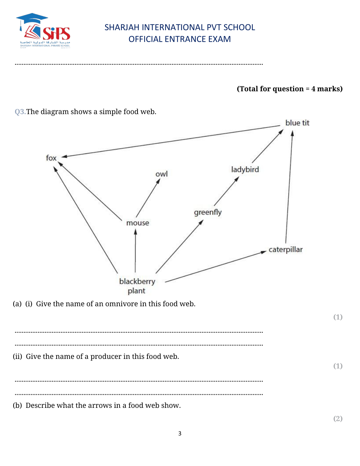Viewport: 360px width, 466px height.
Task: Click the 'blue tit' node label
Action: click(297, 123)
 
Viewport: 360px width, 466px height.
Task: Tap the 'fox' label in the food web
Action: click(51, 158)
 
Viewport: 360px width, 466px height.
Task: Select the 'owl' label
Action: click(161, 174)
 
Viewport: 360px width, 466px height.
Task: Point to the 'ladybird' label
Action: click(245, 169)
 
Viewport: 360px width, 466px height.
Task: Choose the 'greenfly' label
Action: click(208, 212)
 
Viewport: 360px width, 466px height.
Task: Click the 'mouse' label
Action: click(138, 223)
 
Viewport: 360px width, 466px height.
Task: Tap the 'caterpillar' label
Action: click(285, 250)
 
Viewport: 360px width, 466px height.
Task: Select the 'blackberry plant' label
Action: click(137, 286)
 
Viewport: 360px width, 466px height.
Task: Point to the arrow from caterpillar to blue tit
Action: click(289, 188)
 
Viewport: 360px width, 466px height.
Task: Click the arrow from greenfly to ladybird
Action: click(226, 191)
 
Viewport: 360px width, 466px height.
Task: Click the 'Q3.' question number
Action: click(20, 112)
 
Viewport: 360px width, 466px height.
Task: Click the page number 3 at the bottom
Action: click(180, 434)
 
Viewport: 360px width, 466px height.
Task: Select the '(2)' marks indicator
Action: click(338, 419)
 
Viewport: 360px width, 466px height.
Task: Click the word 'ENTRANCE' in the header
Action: click(180, 39)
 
